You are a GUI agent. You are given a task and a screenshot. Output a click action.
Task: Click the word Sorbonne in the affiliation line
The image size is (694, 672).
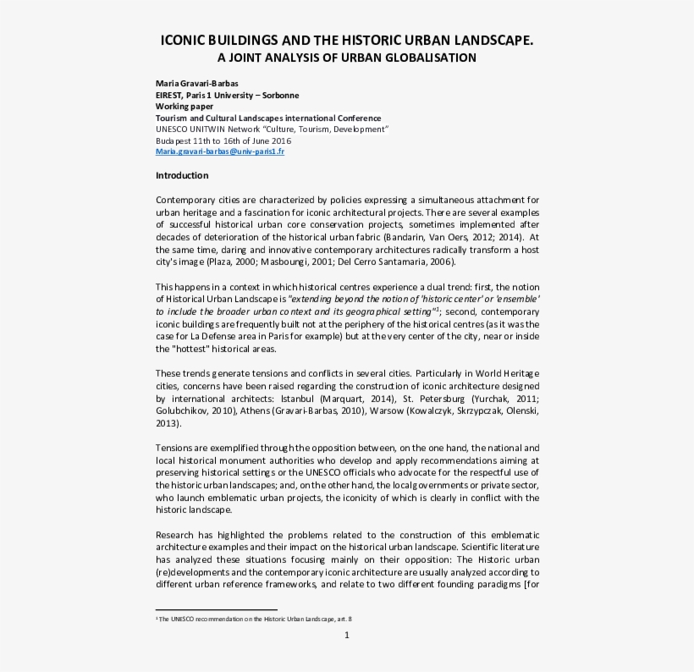[x=278, y=96]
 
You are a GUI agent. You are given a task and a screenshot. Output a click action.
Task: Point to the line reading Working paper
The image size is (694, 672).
[x=185, y=107]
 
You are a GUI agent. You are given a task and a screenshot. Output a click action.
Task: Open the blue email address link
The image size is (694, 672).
[x=220, y=151]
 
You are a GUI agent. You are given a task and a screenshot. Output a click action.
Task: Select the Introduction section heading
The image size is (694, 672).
[x=182, y=175]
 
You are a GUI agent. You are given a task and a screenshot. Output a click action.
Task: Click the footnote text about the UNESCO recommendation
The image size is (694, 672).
[x=254, y=619]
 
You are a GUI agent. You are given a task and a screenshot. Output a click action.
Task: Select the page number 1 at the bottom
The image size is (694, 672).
[x=346, y=636]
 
